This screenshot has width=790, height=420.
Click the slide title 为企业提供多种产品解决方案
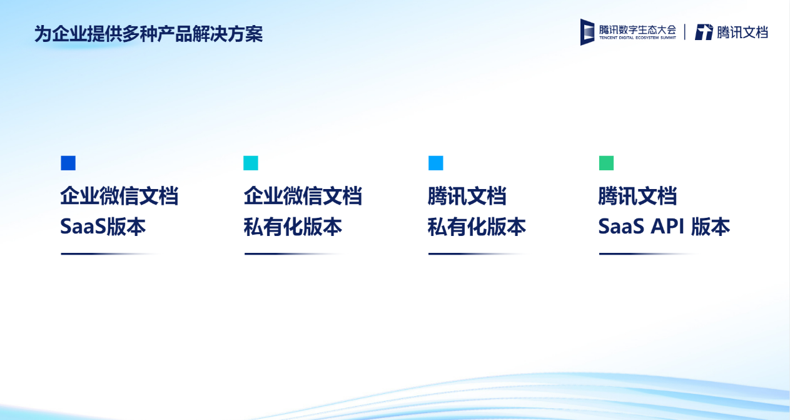148,34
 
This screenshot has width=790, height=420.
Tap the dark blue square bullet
68,163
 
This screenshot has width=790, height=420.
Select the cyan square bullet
251,163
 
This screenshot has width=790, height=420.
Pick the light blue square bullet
435,163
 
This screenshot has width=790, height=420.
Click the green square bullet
606,163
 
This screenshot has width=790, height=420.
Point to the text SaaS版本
103,227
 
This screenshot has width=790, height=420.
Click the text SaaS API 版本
664,227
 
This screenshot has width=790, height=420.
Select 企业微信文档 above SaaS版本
119,196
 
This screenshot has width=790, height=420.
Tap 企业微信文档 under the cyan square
303,196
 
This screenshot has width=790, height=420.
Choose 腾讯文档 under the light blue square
467,196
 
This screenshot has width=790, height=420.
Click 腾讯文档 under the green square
637,196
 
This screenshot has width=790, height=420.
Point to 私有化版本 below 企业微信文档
293,227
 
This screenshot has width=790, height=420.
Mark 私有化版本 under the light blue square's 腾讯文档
477,227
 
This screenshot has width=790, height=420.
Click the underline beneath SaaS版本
109,254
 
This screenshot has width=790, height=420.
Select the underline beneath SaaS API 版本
648,254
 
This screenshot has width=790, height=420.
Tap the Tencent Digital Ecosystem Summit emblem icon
587,32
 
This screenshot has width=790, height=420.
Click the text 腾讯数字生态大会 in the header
637,29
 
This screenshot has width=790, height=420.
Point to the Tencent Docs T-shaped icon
704,32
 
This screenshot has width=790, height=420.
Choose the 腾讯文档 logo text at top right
742,33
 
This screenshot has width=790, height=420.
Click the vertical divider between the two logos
685,32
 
